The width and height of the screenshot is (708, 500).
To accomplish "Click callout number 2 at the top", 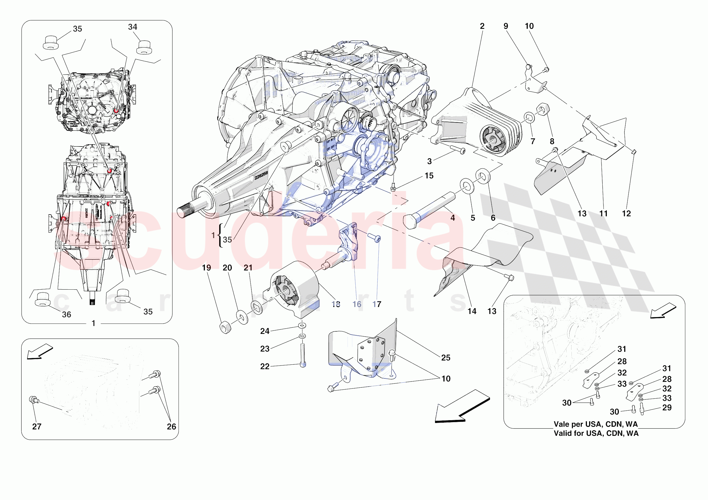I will (482, 26).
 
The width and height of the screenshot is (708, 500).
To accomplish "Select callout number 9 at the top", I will (506, 26).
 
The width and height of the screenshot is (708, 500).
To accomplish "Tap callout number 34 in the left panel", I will (133, 27).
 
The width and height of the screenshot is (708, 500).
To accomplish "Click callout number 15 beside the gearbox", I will (429, 176).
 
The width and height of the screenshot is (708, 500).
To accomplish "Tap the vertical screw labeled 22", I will (303, 355).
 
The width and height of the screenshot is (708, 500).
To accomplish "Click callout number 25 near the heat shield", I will (446, 358).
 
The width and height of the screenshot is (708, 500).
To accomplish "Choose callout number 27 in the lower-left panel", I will (37, 426).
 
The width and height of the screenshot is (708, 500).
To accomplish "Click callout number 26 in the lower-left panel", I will (172, 426).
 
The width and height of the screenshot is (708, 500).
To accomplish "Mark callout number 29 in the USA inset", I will (667, 408).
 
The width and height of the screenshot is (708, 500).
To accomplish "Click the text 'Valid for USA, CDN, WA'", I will (596, 433).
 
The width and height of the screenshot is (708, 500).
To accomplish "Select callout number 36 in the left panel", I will (66, 315).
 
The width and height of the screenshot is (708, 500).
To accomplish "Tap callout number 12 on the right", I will (626, 214).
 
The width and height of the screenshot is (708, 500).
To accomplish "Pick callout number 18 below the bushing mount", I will (336, 304).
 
